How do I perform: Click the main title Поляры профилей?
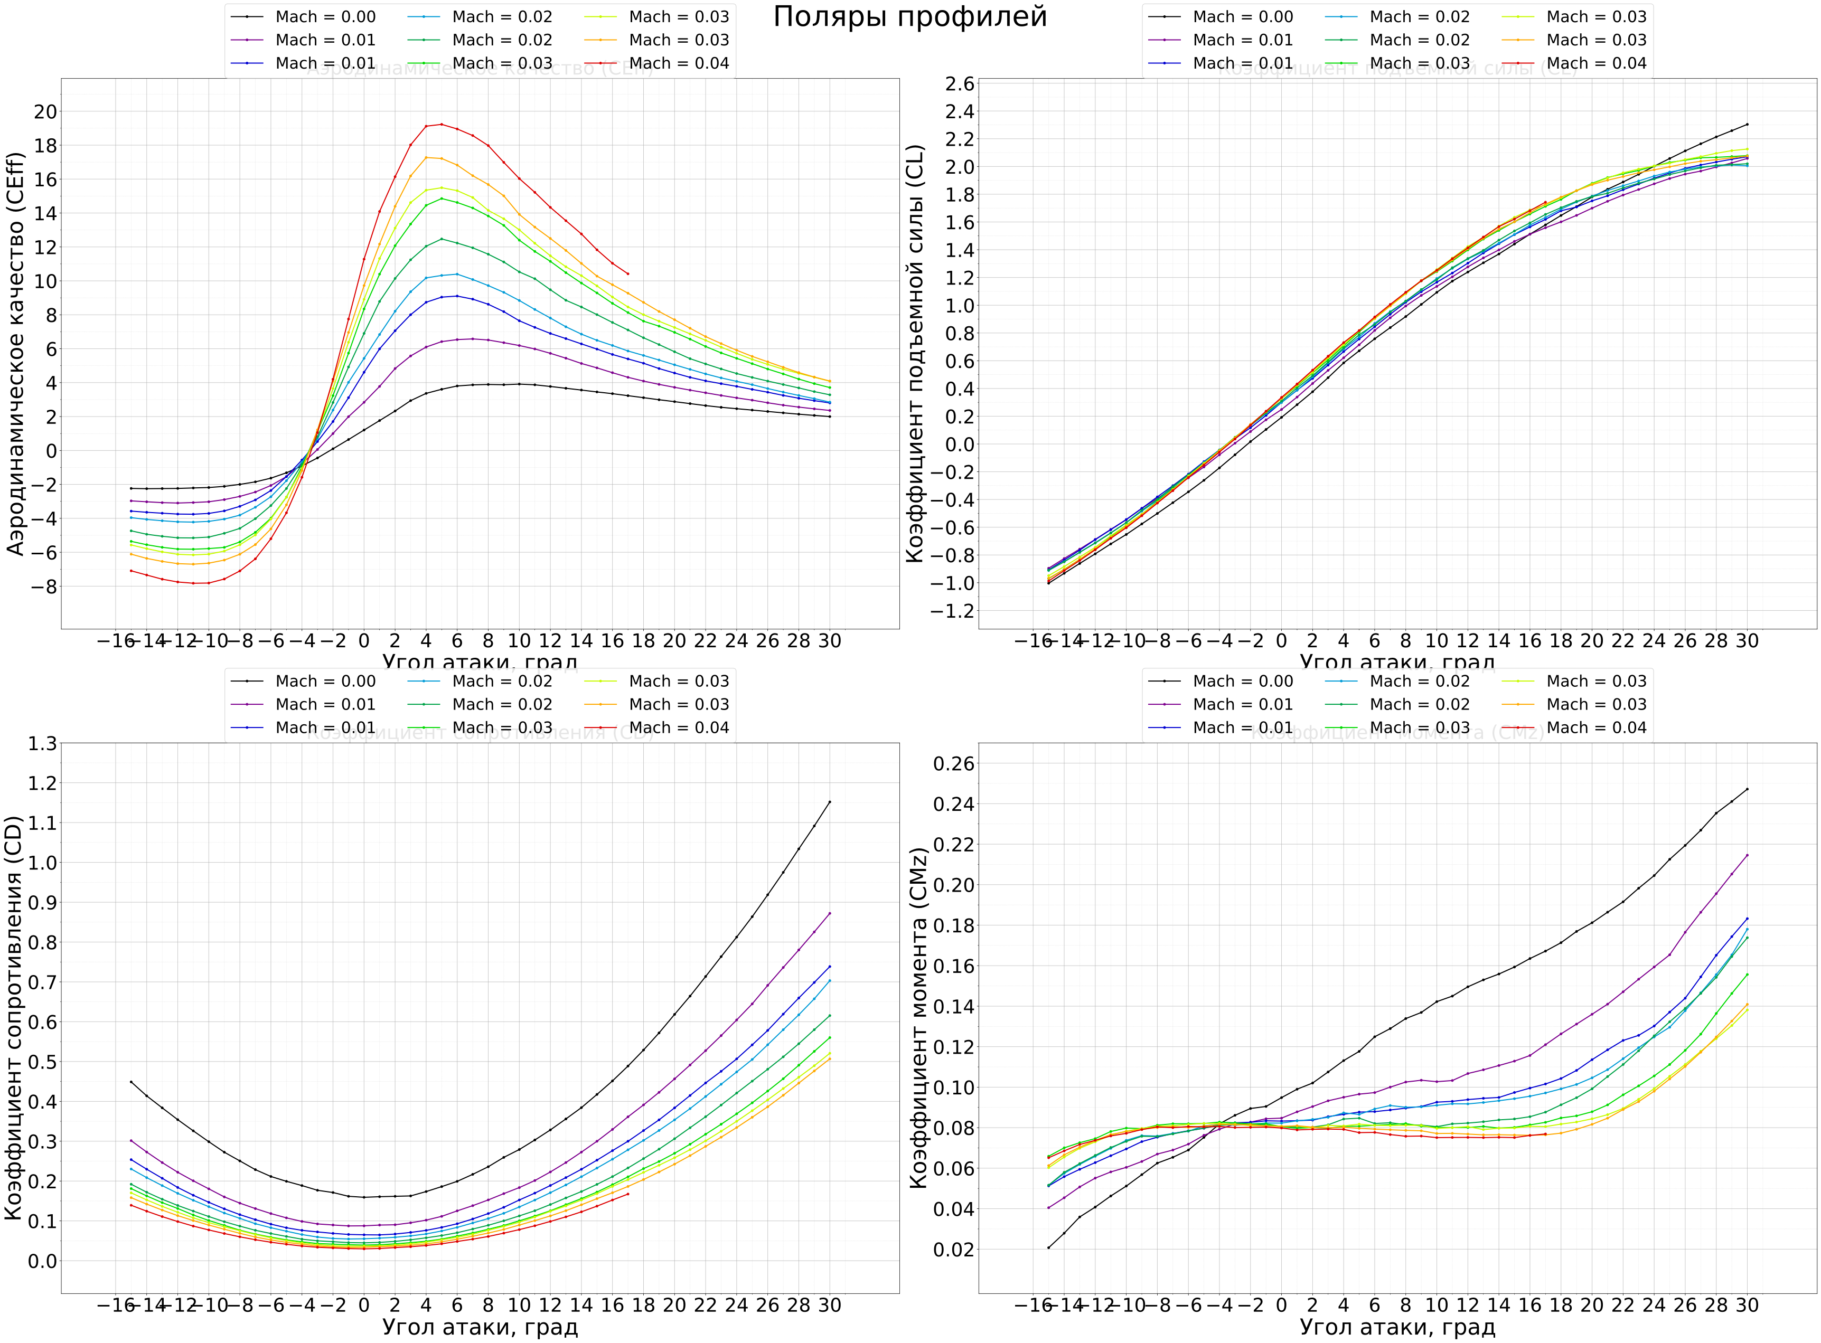pyautogui.click(x=909, y=17)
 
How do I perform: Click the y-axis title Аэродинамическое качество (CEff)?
pyautogui.click(x=16, y=354)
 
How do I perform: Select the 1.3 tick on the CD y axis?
pyautogui.click(x=43, y=743)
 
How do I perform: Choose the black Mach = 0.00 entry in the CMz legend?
pyautogui.click(x=1242, y=681)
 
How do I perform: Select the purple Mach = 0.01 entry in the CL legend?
pyautogui.click(x=1242, y=40)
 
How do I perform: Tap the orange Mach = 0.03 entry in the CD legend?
pyautogui.click(x=678, y=705)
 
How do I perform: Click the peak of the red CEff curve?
pyautogui.click(x=442, y=125)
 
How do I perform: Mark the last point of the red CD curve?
pyautogui.click(x=628, y=1194)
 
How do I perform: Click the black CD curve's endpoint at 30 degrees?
pyautogui.click(x=830, y=801)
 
